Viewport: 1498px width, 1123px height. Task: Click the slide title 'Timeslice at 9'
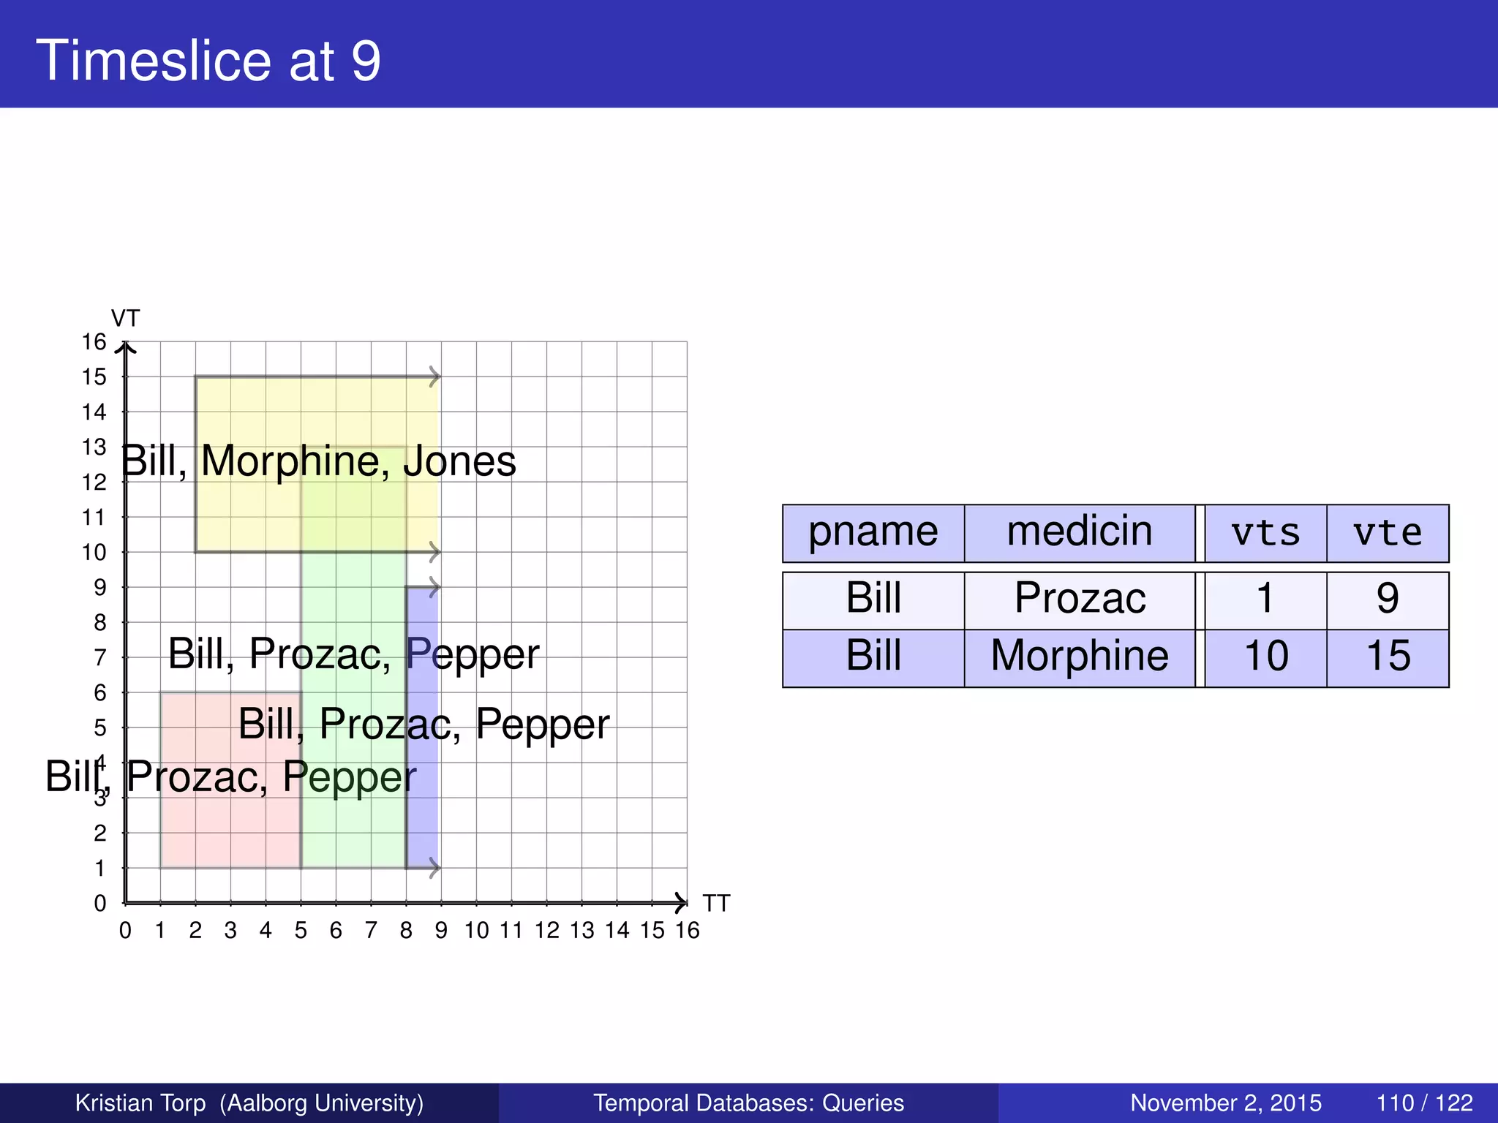pos(208,61)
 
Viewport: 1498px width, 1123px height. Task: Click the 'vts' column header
pos(1265,533)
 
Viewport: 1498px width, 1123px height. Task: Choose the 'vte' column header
pos(1388,533)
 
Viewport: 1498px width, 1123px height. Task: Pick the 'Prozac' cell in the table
pos(1080,599)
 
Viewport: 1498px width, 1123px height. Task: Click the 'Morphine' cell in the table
pos(1080,656)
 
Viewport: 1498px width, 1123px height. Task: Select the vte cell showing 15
pos(1388,656)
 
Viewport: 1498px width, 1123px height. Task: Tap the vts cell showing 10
pos(1265,656)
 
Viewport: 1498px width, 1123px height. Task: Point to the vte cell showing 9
pos(1388,599)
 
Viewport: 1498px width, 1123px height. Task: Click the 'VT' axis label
pos(125,319)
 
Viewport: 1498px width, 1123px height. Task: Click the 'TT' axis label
pos(716,904)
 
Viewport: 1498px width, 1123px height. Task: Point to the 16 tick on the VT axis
pos(94,342)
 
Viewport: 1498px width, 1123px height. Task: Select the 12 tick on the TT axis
pos(546,931)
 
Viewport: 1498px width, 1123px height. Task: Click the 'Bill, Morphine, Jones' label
pos(319,461)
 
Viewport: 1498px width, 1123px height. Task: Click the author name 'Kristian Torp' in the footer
pos(140,1103)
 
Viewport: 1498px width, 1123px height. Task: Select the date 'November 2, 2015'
pos(1226,1103)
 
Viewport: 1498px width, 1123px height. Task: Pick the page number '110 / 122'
pos(1424,1103)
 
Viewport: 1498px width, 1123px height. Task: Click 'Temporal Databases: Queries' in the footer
pos(748,1103)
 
